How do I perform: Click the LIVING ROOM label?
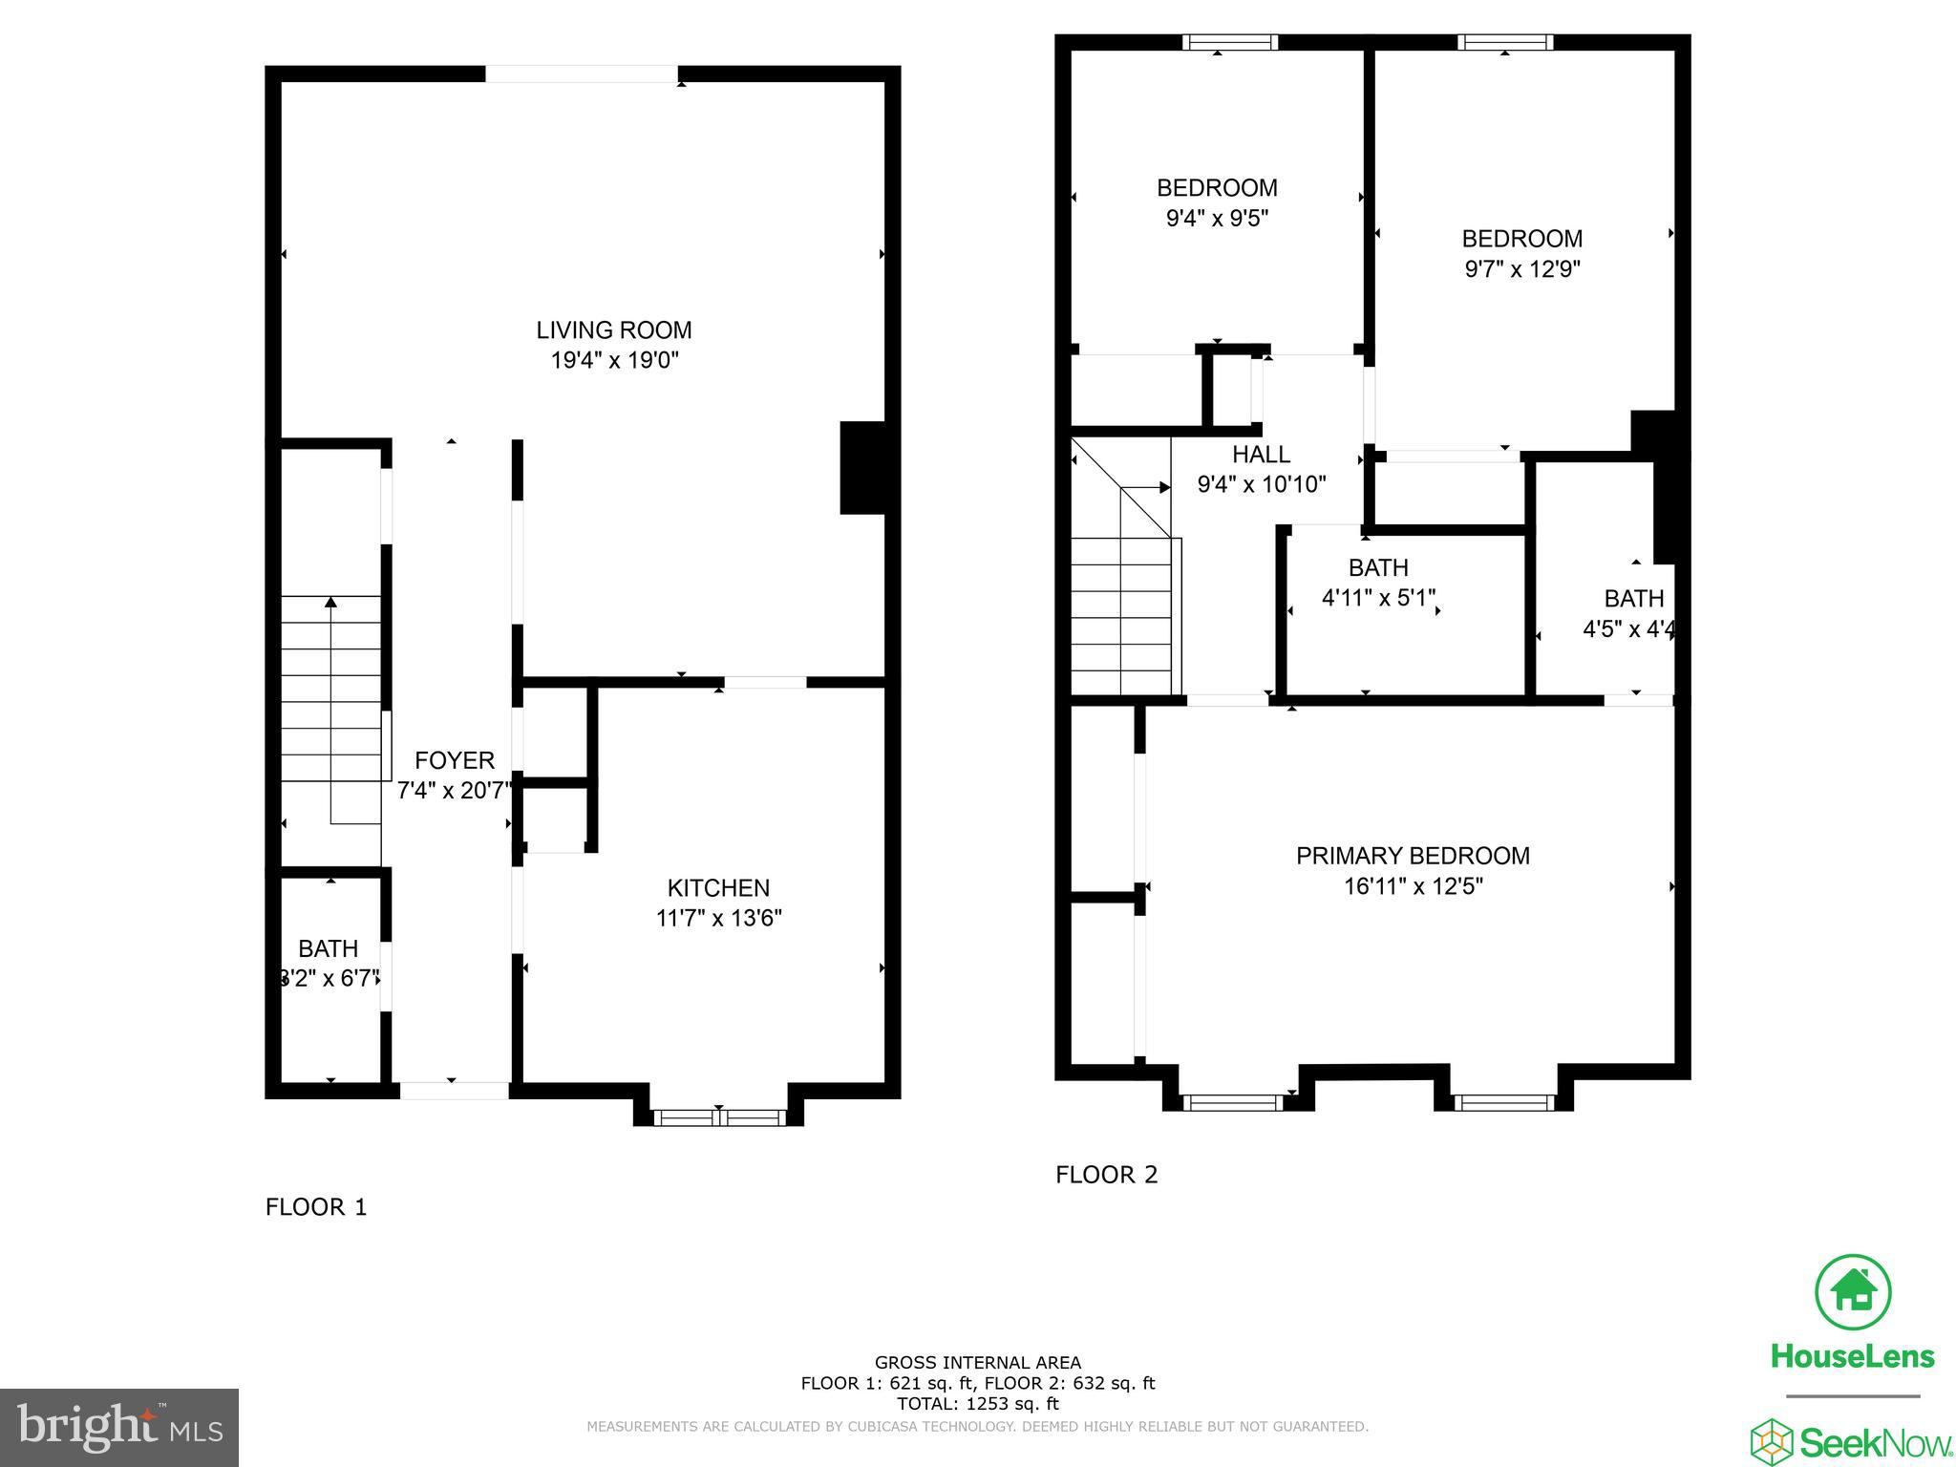pyautogui.click(x=613, y=330)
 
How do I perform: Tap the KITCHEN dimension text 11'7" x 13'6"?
pyautogui.click(x=718, y=919)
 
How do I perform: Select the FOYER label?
pyautogui.click(x=455, y=760)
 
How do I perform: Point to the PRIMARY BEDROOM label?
pyautogui.click(x=1413, y=856)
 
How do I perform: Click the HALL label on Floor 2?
pyautogui.click(x=1261, y=455)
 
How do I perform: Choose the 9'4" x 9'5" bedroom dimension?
pyautogui.click(x=1217, y=219)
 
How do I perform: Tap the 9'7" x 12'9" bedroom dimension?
pyautogui.click(x=1522, y=269)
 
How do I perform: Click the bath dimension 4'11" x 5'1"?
pyautogui.click(x=1378, y=599)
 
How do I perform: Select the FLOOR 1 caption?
pyautogui.click(x=316, y=1207)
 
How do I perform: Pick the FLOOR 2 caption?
pyautogui.click(x=1106, y=1175)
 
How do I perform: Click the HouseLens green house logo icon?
pyautogui.click(x=1853, y=1292)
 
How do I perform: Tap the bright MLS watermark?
pyautogui.click(x=119, y=1427)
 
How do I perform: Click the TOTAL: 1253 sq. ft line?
pyautogui.click(x=978, y=1404)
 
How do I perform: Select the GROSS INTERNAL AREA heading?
pyautogui.click(x=978, y=1363)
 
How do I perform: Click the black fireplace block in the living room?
pyautogui.click(x=863, y=468)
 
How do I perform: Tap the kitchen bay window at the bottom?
pyautogui.click(x=718, y=1116)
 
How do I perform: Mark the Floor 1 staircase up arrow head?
pyautogui.click(x=330, y=603)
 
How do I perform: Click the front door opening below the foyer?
pyautogui.click(x=454, y=1090)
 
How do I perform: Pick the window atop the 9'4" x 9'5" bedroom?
pyautogui.click(x=1230, y=42)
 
